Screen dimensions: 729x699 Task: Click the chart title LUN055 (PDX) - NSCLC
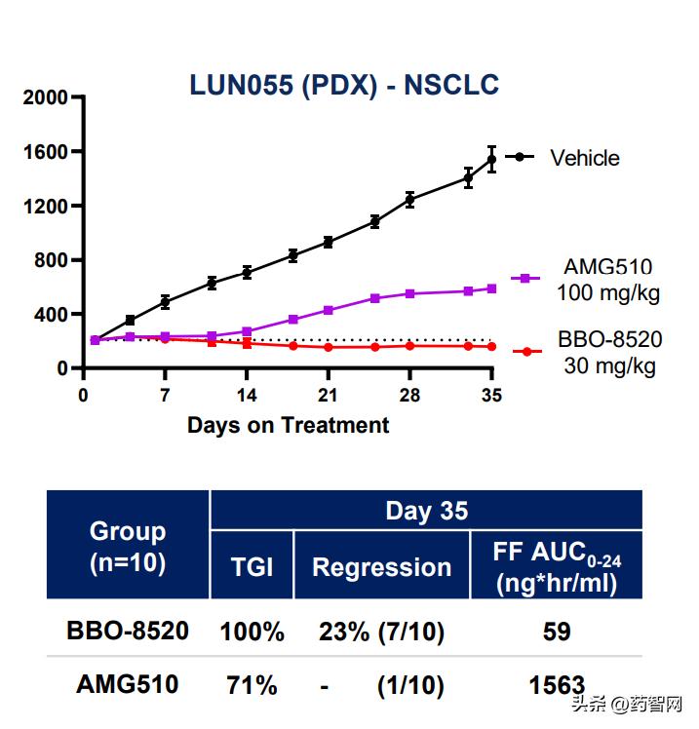[x=344, y=86]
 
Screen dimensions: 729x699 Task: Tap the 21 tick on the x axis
[x=329, y=395]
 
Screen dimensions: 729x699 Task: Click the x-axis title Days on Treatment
[x=288, y=425]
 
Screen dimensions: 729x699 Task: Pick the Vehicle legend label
[x=584, y=158]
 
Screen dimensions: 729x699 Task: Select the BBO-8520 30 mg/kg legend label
[x=609, y=353]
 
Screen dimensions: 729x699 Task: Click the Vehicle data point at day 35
[x=491, y=159]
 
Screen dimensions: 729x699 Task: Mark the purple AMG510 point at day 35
[x=491, y=288]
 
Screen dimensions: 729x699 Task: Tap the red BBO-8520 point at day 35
[x=491, y=347]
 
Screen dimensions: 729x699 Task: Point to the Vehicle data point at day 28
[x=409, y=200]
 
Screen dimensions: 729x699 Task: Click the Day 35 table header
[x=426, y=511]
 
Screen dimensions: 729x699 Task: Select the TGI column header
[x=252, y=567]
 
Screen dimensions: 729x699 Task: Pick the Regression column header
[x=381, y=567]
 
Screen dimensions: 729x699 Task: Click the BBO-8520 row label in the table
[x=127, y=632]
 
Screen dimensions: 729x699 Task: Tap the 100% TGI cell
[x=252, y=633]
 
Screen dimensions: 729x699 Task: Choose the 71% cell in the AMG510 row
[x=252, y=685]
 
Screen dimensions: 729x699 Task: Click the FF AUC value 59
[x=556, y=633]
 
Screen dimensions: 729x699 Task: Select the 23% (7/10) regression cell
[x=381, y=633]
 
